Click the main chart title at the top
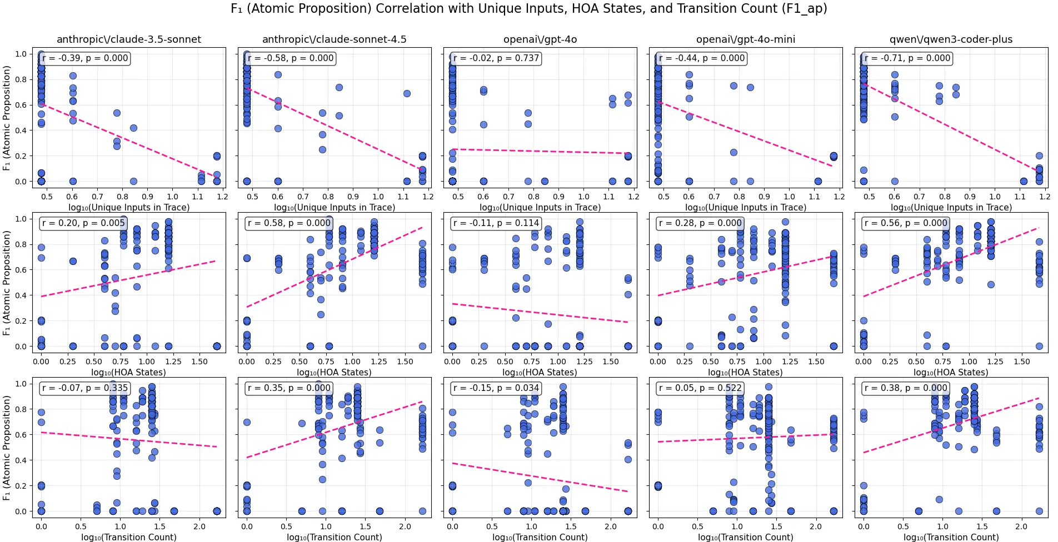(528, 9)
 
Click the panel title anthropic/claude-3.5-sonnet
(129, 39)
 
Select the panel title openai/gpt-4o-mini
(745, 39)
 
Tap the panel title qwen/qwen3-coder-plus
(951, 39)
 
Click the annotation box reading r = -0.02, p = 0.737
(496, 58)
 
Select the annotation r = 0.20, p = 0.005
(84, 223)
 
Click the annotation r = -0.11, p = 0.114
(496, 223)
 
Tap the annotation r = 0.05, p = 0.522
(700, 388)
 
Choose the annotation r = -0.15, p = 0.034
(496, 388)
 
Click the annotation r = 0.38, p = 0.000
(906, 388)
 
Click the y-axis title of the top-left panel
(7, 118)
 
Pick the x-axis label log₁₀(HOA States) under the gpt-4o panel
(540, 372)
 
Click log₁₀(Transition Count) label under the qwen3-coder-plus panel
(951, 537)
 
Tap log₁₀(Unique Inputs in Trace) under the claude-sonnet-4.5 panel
(335, 207)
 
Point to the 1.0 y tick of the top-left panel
(21, 54)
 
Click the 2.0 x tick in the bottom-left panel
(199, 526)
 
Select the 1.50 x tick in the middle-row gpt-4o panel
(610, 362)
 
